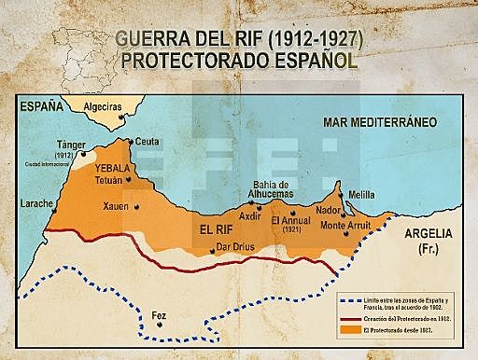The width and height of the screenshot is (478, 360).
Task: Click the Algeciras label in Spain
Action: point(103,108)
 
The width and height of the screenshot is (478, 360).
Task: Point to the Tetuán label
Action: point(109,179)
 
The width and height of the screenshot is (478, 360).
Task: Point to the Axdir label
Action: point(250,215)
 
